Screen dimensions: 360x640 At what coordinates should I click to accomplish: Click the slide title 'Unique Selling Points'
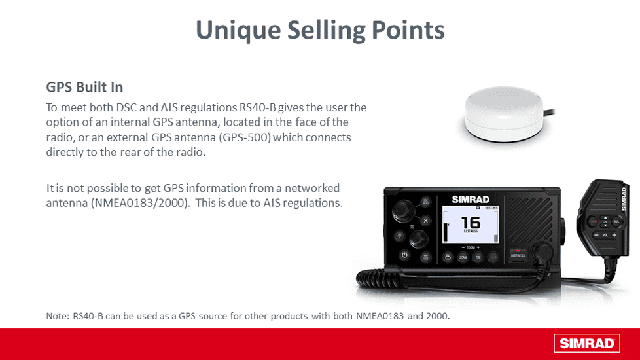tap(320, 29)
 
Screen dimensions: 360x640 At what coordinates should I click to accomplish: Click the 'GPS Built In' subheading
tap(84, 87)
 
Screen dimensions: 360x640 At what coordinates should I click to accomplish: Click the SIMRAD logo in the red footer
tap(586, 343)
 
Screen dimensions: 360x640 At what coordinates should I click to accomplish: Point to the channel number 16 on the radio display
tap(470, 222)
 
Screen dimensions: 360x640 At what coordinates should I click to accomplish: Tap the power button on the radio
tap(404, 255)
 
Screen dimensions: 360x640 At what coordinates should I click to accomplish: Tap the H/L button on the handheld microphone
tap(616, 222)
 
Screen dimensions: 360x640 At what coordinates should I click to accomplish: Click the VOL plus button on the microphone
tap(614, 234)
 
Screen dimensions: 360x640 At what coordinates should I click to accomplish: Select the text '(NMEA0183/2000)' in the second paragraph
tap(139, 203)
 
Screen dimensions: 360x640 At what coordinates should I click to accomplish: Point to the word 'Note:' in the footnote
tap(58, 317)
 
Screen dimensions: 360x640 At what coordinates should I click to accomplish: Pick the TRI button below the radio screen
tap(479, 257)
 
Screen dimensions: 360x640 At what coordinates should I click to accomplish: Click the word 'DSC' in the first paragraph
tap(124, 107)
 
